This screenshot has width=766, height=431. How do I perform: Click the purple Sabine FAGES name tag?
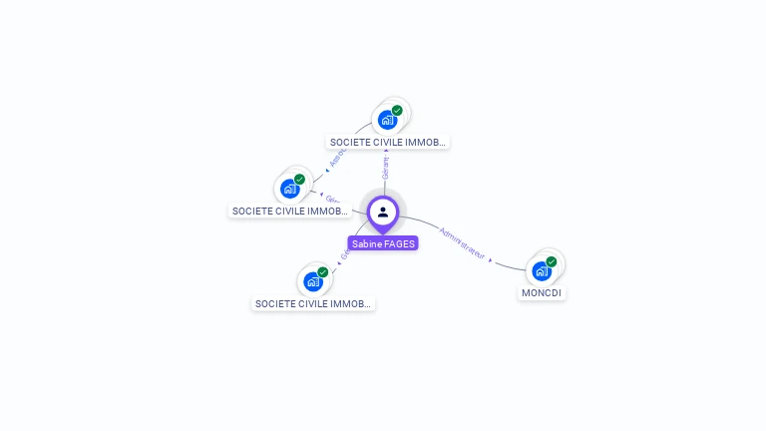pos(383,243)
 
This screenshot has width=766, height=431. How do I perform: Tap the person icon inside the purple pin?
pos(383,212)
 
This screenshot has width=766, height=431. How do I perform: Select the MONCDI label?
pos(543,293)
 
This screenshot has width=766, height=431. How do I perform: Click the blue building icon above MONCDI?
pos(541,270)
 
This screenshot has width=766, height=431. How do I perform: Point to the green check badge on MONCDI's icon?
pos(551,261)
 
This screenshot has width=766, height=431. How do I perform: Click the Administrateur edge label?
pos(462,243)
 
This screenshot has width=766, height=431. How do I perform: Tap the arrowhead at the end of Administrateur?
pos(490,259)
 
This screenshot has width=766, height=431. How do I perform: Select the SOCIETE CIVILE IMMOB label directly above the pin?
pos(389,143)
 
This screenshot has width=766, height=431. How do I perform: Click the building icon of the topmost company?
pos(387,120)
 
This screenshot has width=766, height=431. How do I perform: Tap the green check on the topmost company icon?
pos(397,111)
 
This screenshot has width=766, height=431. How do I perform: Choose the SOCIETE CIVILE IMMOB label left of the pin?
pos(290,212)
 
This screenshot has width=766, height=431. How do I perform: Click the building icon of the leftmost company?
pos(289,189)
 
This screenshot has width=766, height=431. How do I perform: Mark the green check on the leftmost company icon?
pos(299,180)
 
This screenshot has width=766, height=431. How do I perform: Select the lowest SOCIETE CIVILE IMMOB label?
pos(313,303)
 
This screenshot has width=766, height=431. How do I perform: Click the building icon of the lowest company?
pos(313,281)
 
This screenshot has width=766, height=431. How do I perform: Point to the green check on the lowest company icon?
pos(323,272)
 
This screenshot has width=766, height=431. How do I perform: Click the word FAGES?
pos(400,243)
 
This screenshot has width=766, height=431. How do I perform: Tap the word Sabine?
pos(367,243)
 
